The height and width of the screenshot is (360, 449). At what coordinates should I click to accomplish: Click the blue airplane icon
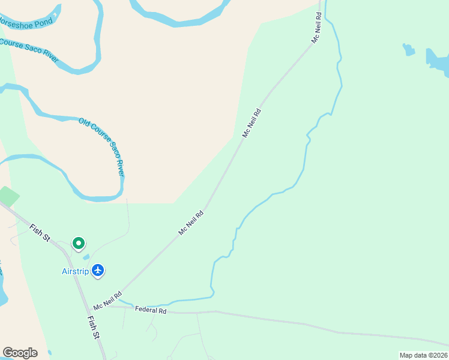click(x=99, y=271)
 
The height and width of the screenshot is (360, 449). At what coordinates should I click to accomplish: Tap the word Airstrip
click(x=75, y=271)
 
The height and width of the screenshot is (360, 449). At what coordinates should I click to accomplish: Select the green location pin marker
click(x=78, y=243)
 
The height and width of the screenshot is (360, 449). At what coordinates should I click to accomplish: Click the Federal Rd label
click(x=151, y=310)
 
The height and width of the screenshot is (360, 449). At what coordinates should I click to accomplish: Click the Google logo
click(x=20, y=353)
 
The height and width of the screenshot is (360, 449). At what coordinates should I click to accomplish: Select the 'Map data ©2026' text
click(x=423, y=355)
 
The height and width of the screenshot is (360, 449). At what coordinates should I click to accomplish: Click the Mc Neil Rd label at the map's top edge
click(x=316, y=29)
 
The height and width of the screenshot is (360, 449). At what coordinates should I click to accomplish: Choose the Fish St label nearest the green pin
click(x=40, y=233)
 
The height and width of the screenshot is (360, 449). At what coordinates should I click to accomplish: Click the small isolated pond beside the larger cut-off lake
click(x=409, y=49)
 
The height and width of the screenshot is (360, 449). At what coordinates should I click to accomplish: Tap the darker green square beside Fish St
click(x=8, y=197)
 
